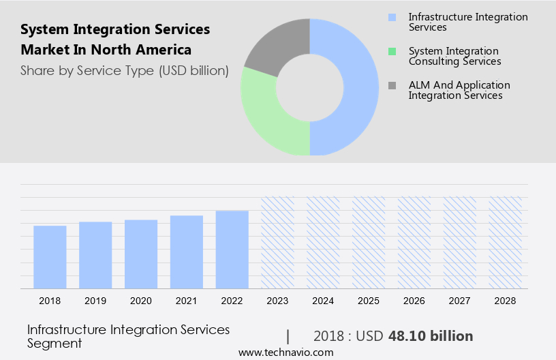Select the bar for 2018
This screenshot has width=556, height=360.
[x=50, y=257]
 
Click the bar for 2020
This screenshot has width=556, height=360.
[x=141, y=254]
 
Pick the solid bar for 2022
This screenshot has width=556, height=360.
[x=232, y=250]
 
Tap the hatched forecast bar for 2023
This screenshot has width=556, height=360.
[x=278, y=243]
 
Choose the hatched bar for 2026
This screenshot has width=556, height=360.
[x=414, y=243]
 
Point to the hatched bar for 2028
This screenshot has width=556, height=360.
[x=506, y=243]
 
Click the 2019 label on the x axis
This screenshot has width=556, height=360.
[x=95, y=301]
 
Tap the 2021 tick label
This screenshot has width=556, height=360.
[x=187, y=301]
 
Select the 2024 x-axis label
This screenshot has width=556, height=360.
[x=323, y=301]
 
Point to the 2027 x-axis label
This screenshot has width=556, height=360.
[x=460, y=301]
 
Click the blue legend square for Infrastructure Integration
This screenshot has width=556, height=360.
[x=391, y=17]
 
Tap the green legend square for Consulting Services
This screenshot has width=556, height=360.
[x=391, y=51]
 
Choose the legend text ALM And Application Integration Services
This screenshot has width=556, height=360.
[x=459, y=90]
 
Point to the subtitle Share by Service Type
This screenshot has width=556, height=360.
[x=124, y=71]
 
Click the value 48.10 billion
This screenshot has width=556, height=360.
[x=431, y=336]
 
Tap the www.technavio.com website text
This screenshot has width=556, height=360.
[x=285, y=352]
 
